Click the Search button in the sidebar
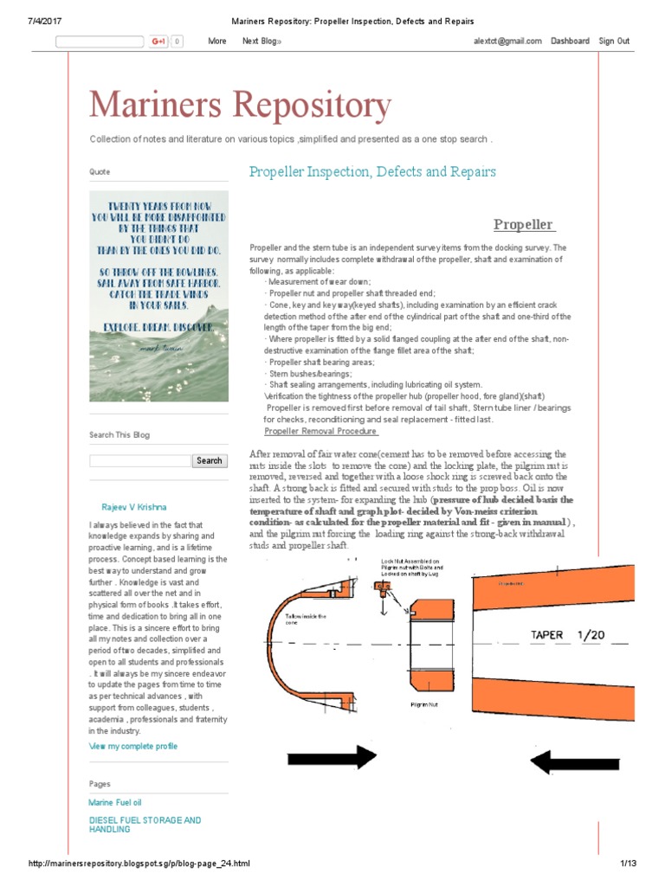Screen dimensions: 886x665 click(x=209, y=461)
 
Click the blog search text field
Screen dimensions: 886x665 click(x=139, y=461)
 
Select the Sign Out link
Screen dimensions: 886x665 click(x=614, y=41)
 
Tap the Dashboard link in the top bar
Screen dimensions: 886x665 click(x=570, y=41)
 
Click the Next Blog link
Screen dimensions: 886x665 click(x=261, y=41)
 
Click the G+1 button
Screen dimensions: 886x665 click(x=158, y=41)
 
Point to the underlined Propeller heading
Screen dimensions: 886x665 click(x=523, y=225)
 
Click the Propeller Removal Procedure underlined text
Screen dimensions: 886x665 click(x=320, y=431)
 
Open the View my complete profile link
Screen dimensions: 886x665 click(x=133, y=746)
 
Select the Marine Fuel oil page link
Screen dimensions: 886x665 click(x=115, y=803)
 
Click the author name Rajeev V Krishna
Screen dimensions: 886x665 click(x=134, y=507)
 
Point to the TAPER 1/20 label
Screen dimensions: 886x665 click(x=567, y=635)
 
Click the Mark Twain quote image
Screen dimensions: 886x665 click(x=158, y=296)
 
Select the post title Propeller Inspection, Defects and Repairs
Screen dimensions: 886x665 click(x=372, y=171)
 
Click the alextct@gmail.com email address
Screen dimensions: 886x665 click(x=507, y=41)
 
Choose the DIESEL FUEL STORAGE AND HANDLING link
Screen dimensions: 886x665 click(x=145, y=825)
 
